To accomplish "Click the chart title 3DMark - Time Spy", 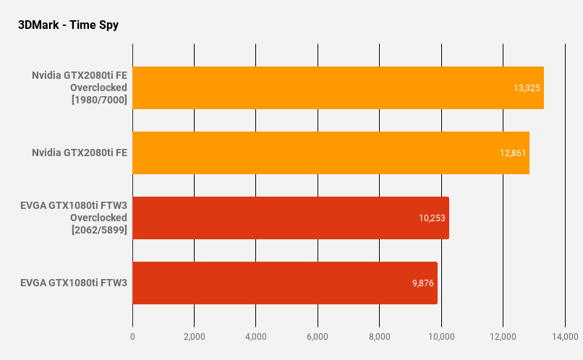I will pyautogui.click(x=68, y=25).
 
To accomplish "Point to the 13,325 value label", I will pyautogui.click(x=527, y=87).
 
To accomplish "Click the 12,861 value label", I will pyautogui.click(x=512, y=153).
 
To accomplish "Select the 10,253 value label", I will pyautogui.click(x=432, y=218).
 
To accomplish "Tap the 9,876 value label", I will pyautogui.click(x=422, y=283).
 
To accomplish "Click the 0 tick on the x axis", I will pyautogui.click(x=132, y=336).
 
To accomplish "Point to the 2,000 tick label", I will pyautogui.click(x=194, y=336).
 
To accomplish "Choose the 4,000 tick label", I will pyautogui.click(x=256, y=336).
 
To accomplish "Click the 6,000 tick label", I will pyautogui.click(x=318, y=336).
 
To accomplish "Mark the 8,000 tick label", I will pyautogui.click(x=379, y=336).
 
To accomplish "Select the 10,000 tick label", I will pyautogui.click(x=441, y=336).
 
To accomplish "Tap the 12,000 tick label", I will pyautogui.click(x=503, y=336).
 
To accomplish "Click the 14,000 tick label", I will pyautogui.click(x=564, y=336).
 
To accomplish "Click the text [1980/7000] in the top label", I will pyautogui.click(x=99, y=100).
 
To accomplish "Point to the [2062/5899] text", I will pyautogui.click(x=99, y=230).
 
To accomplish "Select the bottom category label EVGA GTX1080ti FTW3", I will pyautogui.click(x=74, y=283).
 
